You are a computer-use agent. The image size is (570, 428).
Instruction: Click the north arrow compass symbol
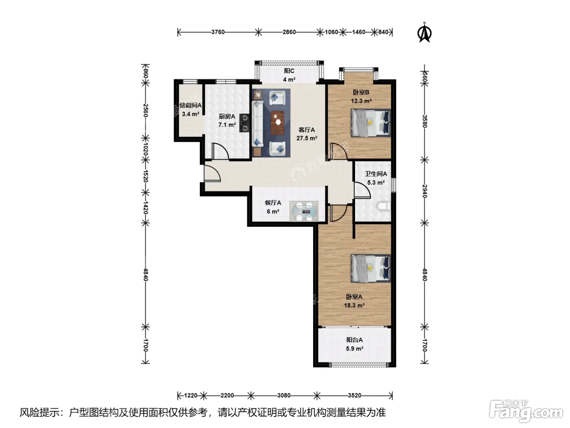tap(424, 33)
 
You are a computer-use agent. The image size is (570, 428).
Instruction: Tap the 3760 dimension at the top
tap(217, 32)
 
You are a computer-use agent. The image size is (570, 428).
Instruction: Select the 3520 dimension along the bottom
tap(355, 395)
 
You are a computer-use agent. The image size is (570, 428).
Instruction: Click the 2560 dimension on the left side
tap(145, 110)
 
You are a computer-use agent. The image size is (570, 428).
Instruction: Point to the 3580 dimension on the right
tap(424, 121)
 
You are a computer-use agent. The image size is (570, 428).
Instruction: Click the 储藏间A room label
tap(191, 105)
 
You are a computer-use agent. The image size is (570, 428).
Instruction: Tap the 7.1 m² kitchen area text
tap(227, 125)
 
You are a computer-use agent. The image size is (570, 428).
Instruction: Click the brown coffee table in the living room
tap(277, 123)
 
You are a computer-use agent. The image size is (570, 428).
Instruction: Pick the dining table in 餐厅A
tap(304, 211)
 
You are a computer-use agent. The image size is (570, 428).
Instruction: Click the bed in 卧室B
tap(370, 123)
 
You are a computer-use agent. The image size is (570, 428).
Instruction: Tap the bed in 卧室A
tap(370, 268)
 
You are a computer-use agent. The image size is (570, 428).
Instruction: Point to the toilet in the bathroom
tap(384, 207)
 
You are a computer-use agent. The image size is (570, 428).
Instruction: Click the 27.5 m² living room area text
tap(307, 138)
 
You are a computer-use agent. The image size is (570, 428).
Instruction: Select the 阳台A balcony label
tap(355, 340)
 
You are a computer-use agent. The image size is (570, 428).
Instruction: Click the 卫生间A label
tap(376, 174)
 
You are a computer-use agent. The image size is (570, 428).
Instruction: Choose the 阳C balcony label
tap(289, 71)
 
